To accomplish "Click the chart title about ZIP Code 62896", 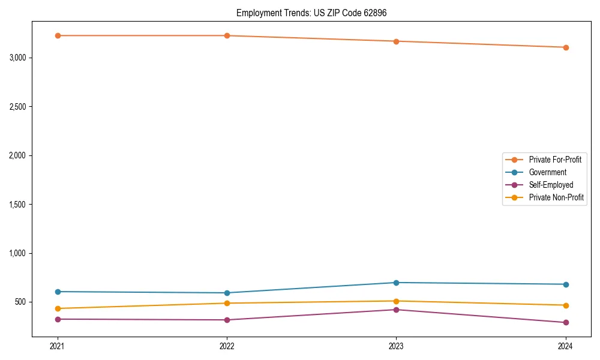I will pos(316,13).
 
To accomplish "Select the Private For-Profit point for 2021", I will pos(58,35).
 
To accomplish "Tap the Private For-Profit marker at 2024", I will pos(565,47).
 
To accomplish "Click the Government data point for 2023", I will pos(396,283).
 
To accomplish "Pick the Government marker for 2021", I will pos(58,292).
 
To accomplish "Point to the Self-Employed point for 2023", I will pos(396,310).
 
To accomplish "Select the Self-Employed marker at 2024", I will pos(565,322).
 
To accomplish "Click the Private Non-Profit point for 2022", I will pos(227,303).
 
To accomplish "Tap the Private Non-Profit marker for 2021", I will pos(58,308).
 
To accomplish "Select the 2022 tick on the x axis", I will pos(227,346).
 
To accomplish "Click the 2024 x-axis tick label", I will pos(565,346).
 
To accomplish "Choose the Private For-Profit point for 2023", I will pos(396,41).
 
